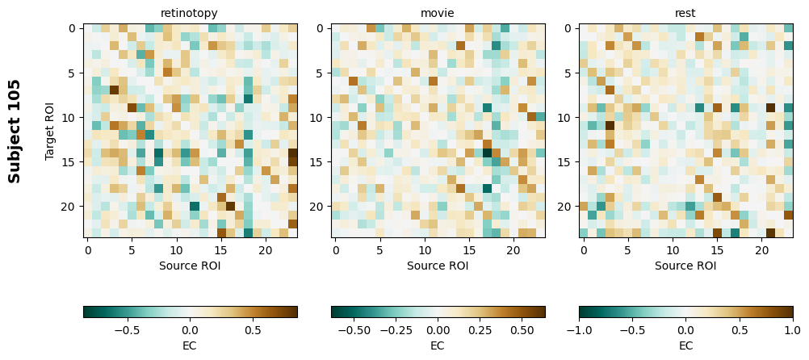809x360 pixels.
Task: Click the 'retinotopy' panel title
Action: pyautogui.click(x=190, y=13)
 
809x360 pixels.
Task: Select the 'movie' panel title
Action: pyautogui.click(x=438, y=13)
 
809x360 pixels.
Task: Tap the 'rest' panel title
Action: pyautogui.click(x=685, y=13)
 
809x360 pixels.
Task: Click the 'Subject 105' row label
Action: pyautogui.click(x=15, y=131)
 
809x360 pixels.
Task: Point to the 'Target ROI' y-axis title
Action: pyautogui.click(x=50, y=131)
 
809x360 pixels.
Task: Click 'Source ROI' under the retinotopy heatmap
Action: pyautogui.click(x=190, y=265)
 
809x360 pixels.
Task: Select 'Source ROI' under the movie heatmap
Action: pyautogui.click(x=438, y=265)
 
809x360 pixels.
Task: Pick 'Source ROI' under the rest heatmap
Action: pyautogui.click(x=685, y=265)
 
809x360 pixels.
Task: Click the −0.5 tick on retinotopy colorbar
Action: pyautogui.click(x=127, y=329)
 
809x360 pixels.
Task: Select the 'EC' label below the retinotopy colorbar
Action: pyautogui.click(x=190, y=345)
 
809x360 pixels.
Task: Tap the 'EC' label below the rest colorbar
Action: pyautogui.click(x=685, y=345)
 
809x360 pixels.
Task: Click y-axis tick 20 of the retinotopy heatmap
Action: pyautogui.click(x=70, y=207)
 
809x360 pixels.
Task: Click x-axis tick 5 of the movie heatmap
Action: pyautogui.click(x=380, y=250)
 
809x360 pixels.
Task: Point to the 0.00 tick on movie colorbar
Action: pyautogui.click(x=438, y=329)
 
